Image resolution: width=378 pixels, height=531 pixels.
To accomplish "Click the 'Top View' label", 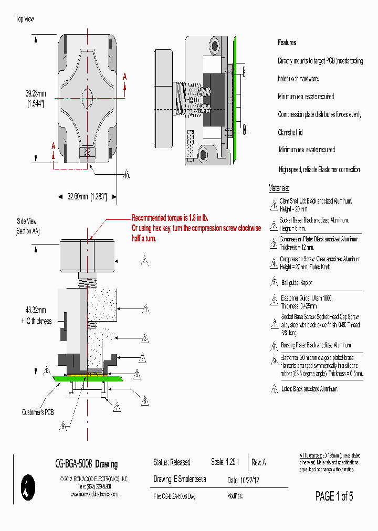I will (x=25, y=19).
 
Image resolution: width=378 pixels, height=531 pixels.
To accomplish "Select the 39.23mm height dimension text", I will (x=36, y=93).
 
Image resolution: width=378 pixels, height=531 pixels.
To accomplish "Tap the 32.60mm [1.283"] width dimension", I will (x=87, y=197).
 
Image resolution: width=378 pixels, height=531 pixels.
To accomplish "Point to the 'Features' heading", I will (x=287, y=43).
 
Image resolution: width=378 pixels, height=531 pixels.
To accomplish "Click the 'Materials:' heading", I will (x=279, y=188).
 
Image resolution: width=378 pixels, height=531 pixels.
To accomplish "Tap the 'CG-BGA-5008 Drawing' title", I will (x=87, y=464).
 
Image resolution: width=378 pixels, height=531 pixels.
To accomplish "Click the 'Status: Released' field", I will (x=172, y=462).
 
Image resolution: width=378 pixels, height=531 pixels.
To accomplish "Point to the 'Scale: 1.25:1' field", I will (x=225, y=462).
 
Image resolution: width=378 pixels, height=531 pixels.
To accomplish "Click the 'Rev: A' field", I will (x=259, y=462).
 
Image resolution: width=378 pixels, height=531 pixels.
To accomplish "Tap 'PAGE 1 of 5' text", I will (x=334, y=496).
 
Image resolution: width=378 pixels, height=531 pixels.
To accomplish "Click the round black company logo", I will (x=26, y=487).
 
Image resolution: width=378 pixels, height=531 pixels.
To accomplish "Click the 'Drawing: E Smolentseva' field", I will (x=180, y=479).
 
